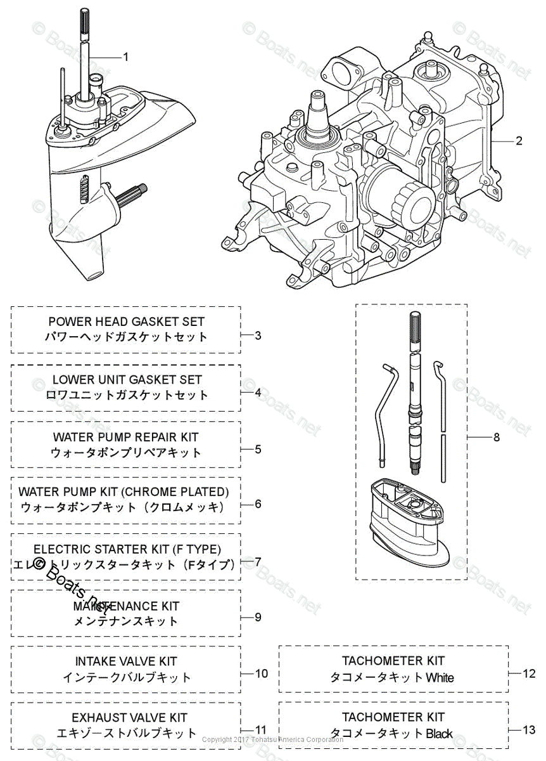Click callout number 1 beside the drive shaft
(125, 56)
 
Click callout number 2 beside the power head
(519, 141)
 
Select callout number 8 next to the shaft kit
(496, 437)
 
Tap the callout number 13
(529, 730)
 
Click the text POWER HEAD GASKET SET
(127, 322)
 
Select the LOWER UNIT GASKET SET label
(127, 379)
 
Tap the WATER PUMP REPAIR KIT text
(125, 437)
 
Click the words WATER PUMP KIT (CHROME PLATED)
(124, 491)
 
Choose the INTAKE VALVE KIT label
(126, 661)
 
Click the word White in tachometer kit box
(440, 677)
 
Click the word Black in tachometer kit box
(439, 734)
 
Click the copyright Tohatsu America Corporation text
(272, 739)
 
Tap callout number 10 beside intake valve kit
(261, 673)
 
